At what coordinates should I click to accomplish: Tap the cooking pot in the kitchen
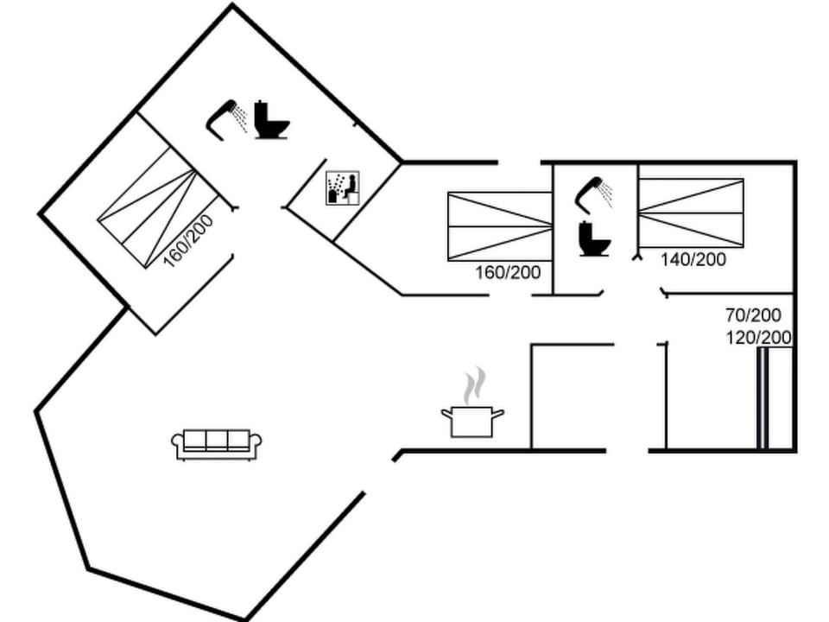[471, 421]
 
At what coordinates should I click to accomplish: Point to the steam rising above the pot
[473, 385]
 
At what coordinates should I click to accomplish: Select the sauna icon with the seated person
[343, 188]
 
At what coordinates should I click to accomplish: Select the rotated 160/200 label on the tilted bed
[188, 240]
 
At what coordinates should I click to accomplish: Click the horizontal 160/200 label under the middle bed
[508, 273]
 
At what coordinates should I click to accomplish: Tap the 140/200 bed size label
[693, 259]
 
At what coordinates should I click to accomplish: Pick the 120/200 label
[759, 338]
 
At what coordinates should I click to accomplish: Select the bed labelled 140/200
[691, 212]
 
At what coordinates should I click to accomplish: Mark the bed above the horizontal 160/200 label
[500, 226]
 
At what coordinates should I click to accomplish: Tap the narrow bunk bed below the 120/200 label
[763, 399]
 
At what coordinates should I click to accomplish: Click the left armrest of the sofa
[178, 444]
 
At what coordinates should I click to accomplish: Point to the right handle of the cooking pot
[498, 414]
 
